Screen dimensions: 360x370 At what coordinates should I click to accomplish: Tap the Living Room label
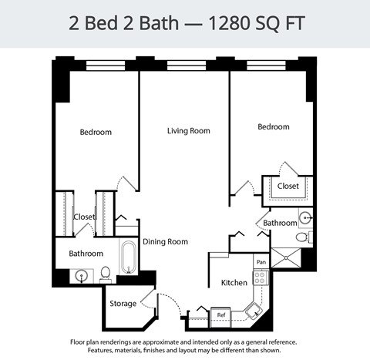point(189,131)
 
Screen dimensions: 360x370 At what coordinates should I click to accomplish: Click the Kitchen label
point(234,283)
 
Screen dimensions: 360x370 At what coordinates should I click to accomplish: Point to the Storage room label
point(123,303)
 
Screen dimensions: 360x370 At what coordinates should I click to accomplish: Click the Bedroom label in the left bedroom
point(96,132)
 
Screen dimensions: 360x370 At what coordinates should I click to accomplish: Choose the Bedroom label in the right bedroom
point(274,126)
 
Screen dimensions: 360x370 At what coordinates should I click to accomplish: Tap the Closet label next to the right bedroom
point(288,186)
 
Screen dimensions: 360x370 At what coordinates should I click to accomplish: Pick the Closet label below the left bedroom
point(84,217)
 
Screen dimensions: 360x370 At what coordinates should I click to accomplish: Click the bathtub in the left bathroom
point(127,257)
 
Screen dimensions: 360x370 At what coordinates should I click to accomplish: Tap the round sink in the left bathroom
point(79,274)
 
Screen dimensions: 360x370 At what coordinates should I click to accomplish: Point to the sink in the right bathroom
point(304,217)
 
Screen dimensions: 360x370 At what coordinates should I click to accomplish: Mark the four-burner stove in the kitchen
point(260,278)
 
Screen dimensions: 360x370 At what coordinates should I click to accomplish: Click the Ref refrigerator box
point(220,315)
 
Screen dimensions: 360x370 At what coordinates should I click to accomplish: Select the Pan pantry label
point(261,262)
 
